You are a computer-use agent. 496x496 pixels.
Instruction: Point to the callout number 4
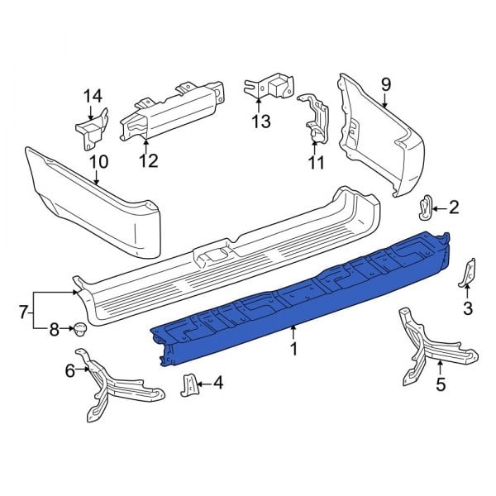[x=218, y=383]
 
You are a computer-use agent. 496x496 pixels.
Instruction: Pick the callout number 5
[x=440, y=384]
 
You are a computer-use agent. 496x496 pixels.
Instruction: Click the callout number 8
[x=55, y=331]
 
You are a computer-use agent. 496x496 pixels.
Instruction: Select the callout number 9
[x=384, y=84]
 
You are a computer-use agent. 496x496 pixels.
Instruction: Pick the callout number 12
[x=148, y=160]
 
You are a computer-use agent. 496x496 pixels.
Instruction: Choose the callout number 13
[x=261, y=123]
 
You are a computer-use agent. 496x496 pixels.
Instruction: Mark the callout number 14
[x=91, y=96]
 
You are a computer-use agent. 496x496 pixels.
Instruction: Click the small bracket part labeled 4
[x=188, y=384]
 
